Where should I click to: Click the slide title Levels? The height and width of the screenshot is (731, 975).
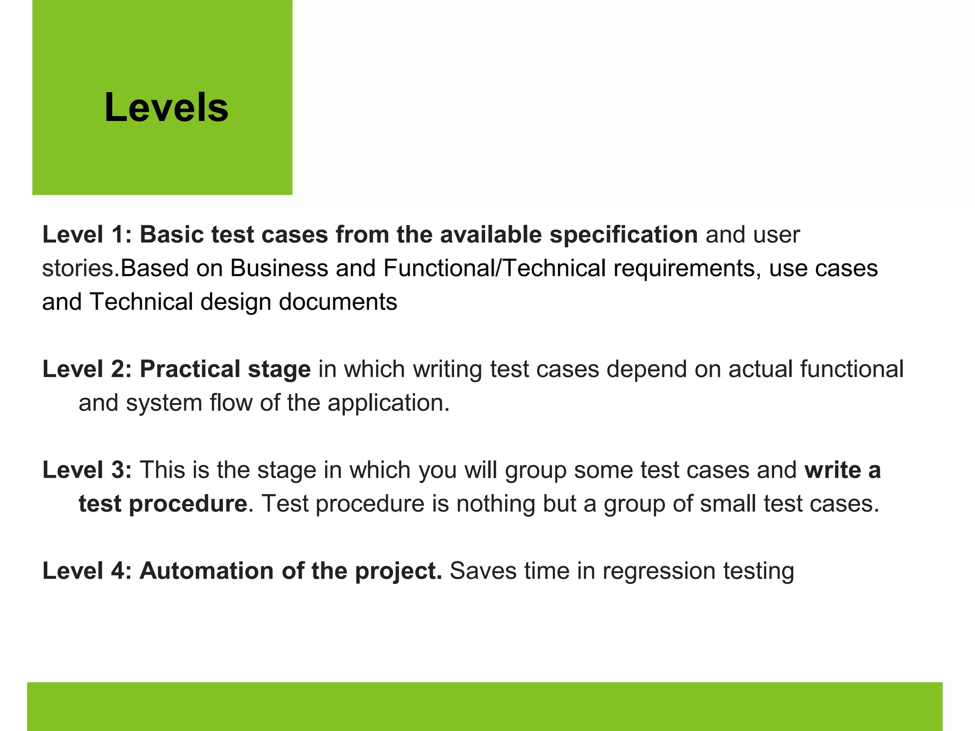(166, 108)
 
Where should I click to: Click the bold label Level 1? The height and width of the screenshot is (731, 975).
(87, 235)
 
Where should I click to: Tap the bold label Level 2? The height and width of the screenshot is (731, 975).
(87, 369)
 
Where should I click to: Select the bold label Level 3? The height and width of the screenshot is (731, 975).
(87, 470)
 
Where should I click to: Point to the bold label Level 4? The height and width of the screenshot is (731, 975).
(87, 571)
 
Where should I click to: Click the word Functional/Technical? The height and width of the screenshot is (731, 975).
(494, 268)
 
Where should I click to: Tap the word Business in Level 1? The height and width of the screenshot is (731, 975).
(279, 268)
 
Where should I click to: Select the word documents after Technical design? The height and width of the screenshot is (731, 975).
(338, 302)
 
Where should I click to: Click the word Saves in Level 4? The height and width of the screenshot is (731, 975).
(483, 571)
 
